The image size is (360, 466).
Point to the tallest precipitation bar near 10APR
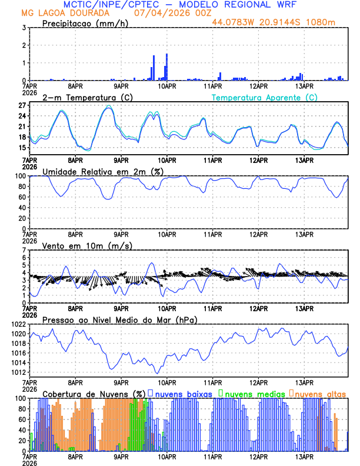[167, 66]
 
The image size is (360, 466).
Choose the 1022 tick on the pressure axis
[18, 324]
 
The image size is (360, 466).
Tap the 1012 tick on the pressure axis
[18, 372]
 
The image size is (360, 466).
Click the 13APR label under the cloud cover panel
[304, 457]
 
